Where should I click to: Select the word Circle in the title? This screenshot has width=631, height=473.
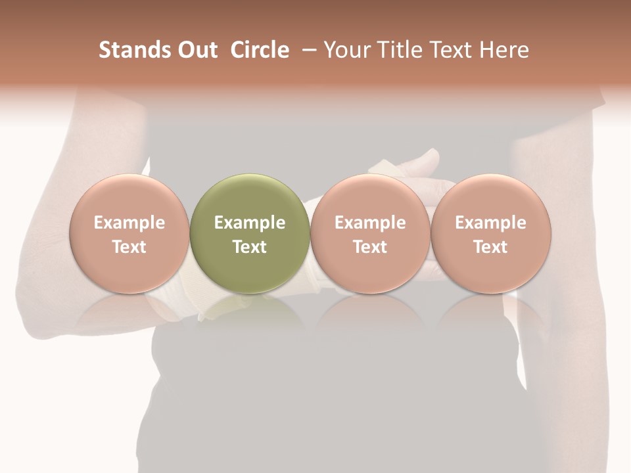(x=260, y=50)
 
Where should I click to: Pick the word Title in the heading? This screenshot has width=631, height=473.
(x=401, y=50)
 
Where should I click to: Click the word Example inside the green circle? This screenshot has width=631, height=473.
(x=250, y=223)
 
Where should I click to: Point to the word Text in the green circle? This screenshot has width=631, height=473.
(x=250, y=247)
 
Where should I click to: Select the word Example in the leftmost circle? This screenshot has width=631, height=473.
(x=129, y=223)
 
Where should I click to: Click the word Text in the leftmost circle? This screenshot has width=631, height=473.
(x=129, y=247)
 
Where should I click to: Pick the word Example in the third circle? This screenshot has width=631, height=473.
(x=370, y=223)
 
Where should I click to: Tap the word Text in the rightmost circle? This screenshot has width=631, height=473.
(x=491, y=247)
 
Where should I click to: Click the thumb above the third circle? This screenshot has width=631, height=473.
(x=421, y=162)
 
